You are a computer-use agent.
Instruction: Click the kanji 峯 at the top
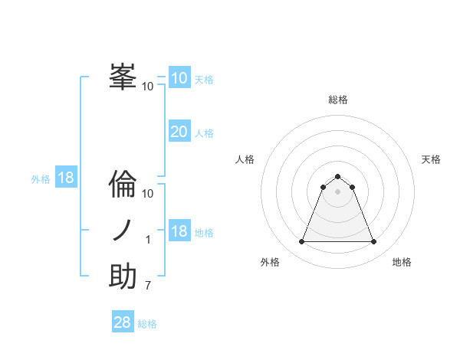[123, 77]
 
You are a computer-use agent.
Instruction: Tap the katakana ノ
[123, 231]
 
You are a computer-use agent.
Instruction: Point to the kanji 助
[123, 277]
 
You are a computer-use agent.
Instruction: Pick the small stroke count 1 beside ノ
[148, 241]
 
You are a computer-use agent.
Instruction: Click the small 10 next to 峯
[148, 86]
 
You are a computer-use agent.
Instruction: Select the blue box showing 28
[123, 322]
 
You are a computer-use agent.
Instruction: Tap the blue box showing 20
[179, 132]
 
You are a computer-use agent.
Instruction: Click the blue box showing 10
[179, 78]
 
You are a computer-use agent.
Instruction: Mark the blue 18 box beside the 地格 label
[179, 231]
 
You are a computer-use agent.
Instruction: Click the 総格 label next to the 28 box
[147, 324]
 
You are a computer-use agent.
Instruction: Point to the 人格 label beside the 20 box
[204, 133]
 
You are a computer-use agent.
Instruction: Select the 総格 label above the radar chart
[337, 100]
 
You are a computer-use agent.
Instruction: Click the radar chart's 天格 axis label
[432, 159]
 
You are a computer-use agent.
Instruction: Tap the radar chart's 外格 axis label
[270, 262]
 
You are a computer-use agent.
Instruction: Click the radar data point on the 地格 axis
[374, 242]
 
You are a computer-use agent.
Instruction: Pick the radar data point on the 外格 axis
[301, 242]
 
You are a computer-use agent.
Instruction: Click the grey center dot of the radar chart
[337, 191]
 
